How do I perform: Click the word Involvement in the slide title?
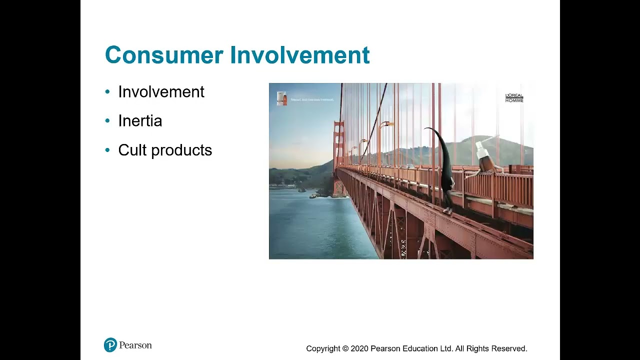300,55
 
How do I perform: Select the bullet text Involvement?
161,92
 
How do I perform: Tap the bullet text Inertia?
140,121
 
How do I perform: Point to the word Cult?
132,150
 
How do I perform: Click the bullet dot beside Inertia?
107,121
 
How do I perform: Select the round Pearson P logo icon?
110,345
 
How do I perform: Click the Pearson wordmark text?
135,345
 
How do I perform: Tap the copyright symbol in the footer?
345,348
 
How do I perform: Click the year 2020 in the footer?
359,348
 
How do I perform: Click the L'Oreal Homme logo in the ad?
514,97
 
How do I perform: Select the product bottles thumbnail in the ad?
282,98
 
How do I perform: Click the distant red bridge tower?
339,145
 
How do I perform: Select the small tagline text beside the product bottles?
311,99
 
